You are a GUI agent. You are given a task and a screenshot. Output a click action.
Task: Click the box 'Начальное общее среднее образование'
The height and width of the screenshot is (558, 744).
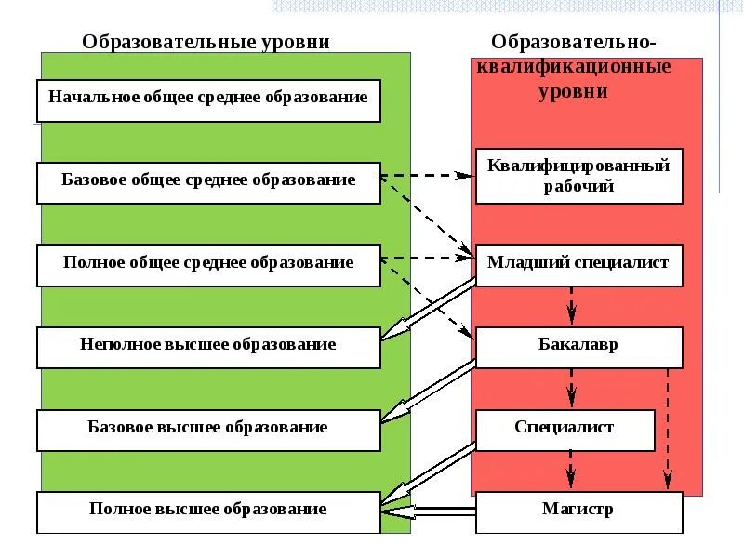(x=208, y=99)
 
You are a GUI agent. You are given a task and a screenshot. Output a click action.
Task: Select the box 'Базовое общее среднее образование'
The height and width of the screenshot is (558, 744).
(x=208, y=181)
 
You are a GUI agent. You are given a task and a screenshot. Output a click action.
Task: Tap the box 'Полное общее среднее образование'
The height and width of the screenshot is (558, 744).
(x=208, y=264)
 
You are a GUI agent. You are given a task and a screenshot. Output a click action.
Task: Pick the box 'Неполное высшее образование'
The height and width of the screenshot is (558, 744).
(x=208, y=346)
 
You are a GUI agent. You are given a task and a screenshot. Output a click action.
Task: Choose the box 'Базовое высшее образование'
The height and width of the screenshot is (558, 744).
(x=208, y=429)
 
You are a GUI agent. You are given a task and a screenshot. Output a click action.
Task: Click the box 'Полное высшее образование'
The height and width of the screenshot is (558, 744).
(x=208, y=511)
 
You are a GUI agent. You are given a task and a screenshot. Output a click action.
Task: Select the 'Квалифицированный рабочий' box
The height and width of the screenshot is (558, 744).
(x=578, y=176)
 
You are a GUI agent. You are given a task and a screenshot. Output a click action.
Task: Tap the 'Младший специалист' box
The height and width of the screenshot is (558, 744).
(x=578, y=264)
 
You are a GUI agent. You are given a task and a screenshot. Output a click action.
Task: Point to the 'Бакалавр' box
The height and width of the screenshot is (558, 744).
(x=578, y=346)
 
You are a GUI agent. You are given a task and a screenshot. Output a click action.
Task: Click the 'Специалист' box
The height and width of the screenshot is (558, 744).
(x=565, y=429)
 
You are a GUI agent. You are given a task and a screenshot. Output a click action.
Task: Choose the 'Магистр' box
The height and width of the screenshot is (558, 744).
(x=578, y=511)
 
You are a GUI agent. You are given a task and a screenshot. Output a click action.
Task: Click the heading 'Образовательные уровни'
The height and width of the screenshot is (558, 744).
(x=206, y=42)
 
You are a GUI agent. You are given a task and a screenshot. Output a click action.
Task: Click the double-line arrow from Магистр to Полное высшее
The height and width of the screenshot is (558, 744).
(x=428, y=511)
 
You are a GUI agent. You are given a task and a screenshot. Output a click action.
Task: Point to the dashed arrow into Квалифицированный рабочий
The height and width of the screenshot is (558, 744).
(x=428, y=174)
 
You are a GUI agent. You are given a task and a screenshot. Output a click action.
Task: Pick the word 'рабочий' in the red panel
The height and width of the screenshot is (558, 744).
(x=578, y=186)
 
